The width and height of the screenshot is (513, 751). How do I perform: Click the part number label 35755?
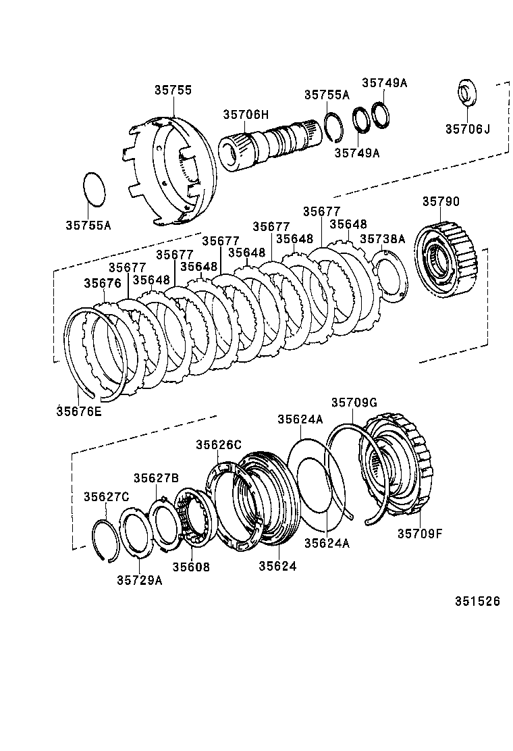tap(172, 90)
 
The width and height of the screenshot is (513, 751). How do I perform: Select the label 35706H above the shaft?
tap(246, 115)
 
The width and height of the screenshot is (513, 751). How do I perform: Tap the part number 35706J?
tap(468, 128)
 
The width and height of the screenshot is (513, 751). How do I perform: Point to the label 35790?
tap(441, 201)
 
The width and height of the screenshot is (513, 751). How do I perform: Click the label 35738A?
tap(382, 238)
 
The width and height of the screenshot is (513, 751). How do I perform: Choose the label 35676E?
tap(79, 410)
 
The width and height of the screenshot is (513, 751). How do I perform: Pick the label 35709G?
tap(354, 403)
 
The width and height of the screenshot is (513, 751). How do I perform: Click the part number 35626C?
tap(219, 444)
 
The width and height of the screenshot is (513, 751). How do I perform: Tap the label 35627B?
tap(155, 477)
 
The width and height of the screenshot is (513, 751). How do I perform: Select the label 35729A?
tap(139, 579)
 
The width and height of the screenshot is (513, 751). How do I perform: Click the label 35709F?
tap(419, 534)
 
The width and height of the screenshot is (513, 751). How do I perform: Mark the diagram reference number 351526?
tap(477, 601)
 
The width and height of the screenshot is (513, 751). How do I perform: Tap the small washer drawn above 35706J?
tap(466, 93)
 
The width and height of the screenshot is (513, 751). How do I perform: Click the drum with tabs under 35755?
tap(172, 169)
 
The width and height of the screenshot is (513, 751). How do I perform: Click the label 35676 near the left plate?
tap(103, 283)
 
